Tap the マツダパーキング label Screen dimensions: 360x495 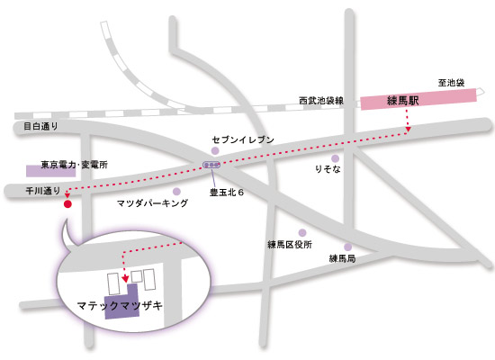click(153, 205)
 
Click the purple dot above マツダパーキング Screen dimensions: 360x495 click(177, 191)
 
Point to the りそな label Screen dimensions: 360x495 click(328, 169)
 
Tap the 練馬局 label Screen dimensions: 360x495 click(342, 258)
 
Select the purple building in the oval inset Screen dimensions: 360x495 click(122, 303)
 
